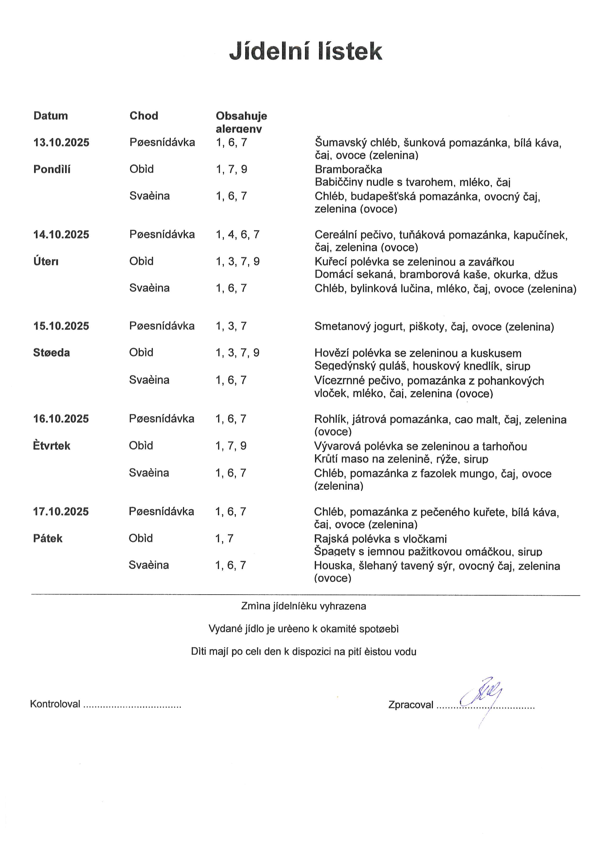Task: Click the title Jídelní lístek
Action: (x=305, y=51)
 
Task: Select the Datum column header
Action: (x=51, y=116)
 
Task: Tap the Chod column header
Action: (x=144, y=116)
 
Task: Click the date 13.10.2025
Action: (x=61, y=143)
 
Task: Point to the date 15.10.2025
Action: (x=61, y=326)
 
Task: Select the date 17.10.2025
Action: (x=61, y=511)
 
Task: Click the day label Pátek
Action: (x=48, y=538)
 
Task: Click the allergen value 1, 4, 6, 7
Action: (x=237, y=235)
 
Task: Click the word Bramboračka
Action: (x=348, y=169)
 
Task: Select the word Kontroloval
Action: (x=55, y=704)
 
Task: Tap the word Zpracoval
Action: (x=411, y=705)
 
